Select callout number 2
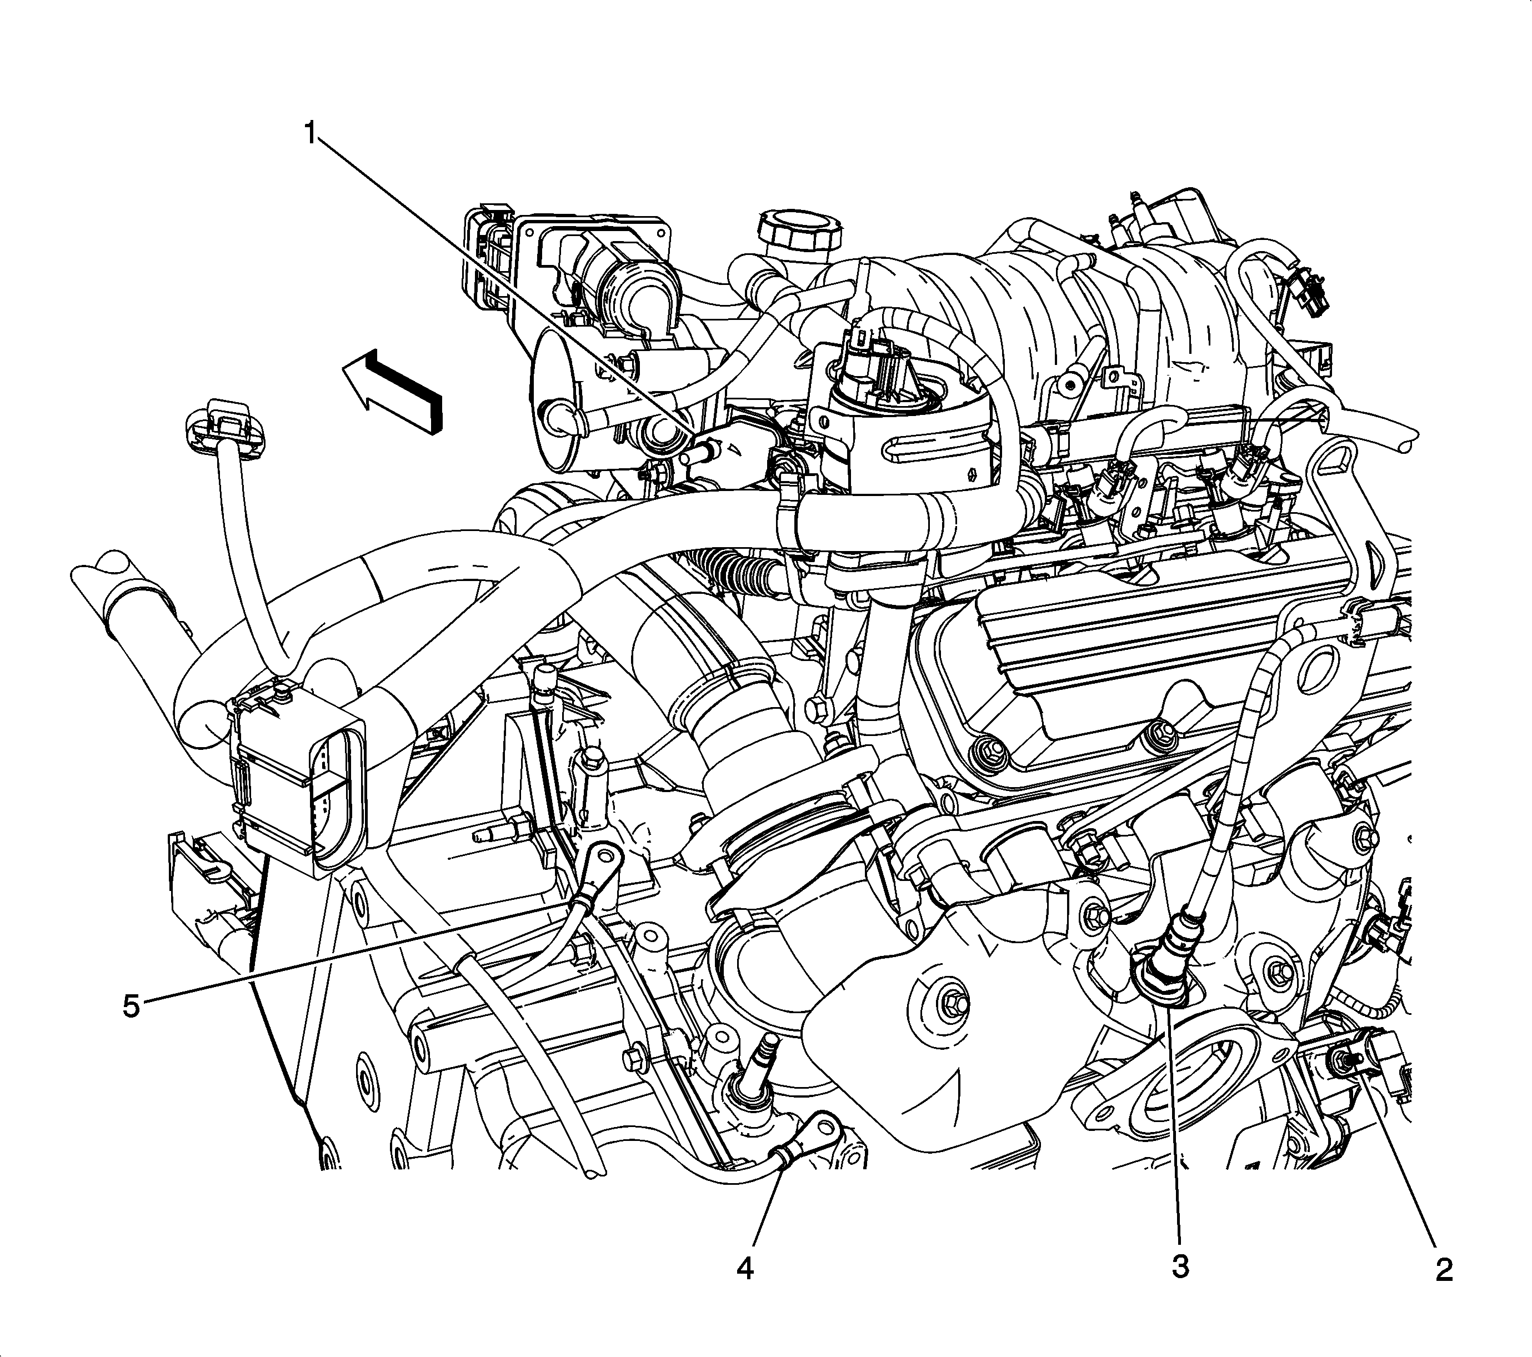(1444, 1269)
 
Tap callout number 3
(1180, 1266)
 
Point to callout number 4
(745, 1269)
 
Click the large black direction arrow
(392, 392)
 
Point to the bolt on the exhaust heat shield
(955, 1001)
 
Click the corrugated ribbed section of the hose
(732, 573)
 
